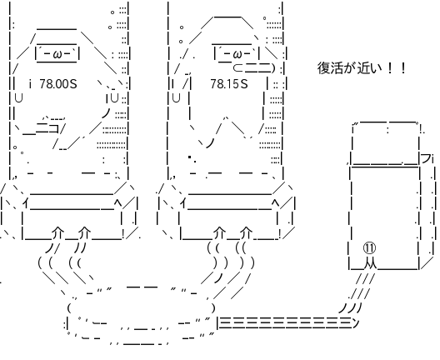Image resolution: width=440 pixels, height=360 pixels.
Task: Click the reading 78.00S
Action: (58, 83)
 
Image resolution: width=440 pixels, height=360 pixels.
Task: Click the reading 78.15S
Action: (229, 83)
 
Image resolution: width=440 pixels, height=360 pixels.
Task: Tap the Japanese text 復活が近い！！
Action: (362, 68)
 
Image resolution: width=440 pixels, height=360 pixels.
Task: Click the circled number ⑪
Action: (369, 247)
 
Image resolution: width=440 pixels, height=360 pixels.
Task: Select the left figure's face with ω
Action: (57, 53)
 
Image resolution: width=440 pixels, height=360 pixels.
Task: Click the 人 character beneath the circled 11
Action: (370, 264)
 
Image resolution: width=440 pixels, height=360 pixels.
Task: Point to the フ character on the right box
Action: (426, 159)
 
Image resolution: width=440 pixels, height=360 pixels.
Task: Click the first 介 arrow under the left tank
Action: (58, 232)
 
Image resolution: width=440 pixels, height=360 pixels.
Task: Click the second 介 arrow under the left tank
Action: (84, 232)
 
